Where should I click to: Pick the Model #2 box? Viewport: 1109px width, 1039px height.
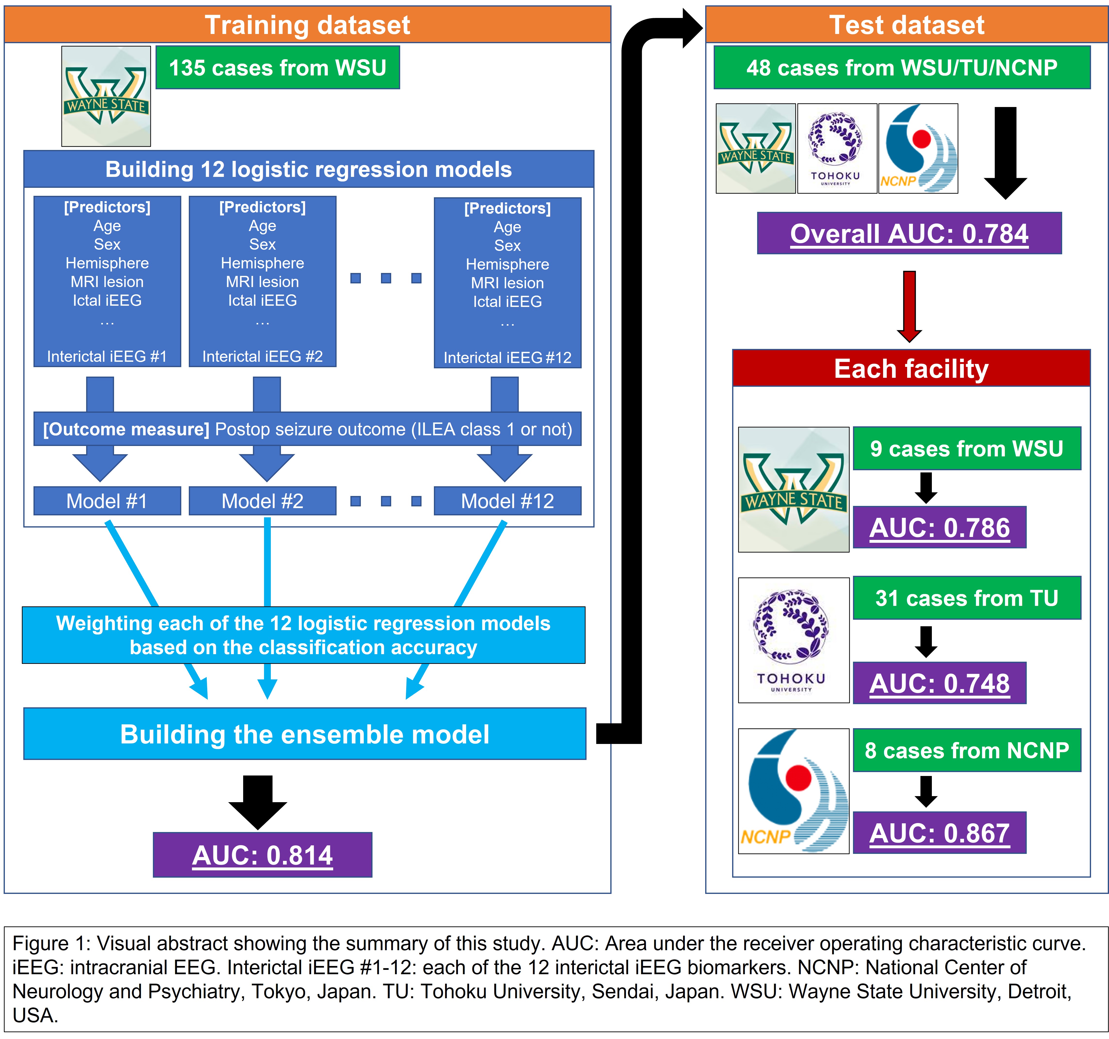tap(262, 501)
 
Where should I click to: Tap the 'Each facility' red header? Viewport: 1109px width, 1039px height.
tap(911, 368)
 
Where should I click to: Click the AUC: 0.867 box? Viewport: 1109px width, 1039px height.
tap(939, 833)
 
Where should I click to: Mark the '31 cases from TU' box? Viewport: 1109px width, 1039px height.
tap(967, 598)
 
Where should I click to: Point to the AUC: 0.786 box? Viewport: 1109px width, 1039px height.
tap(939, 527)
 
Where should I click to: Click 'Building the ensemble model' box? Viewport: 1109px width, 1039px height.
tap(305, 734)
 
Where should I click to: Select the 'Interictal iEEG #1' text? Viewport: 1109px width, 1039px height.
tap(107, 356)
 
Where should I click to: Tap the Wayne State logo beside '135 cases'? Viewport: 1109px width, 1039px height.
tap(106, 96)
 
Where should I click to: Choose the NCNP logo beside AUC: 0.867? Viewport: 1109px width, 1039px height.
tap(793, 791)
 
